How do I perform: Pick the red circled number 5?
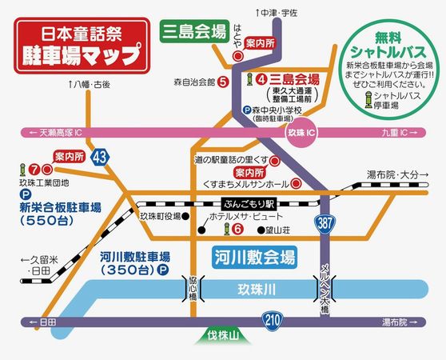[225, 82]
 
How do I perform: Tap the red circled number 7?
[34, 170]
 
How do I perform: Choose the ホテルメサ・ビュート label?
[237, 216]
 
